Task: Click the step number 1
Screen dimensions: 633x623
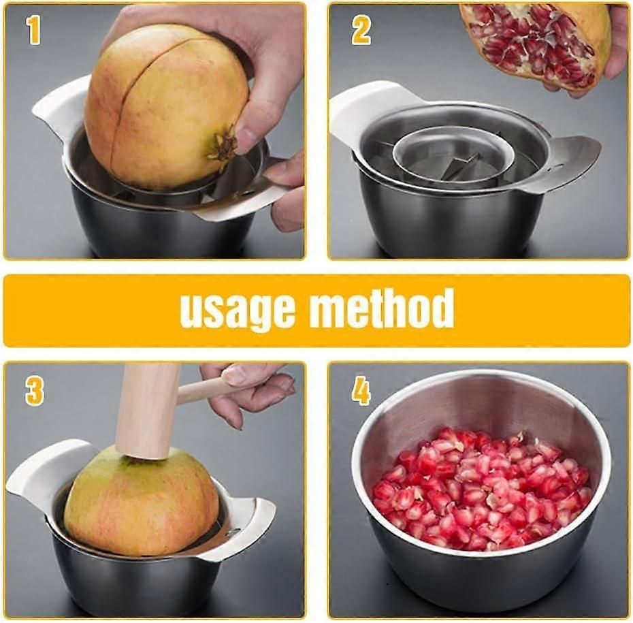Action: pyautogui.click(x=35, y=31)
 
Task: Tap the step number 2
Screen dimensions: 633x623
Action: pyautogui.click(x=361, y=31)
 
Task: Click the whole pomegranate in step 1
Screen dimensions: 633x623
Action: pyautogui.click(x=166, y=106)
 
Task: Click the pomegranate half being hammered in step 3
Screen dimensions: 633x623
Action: pyautogui.click(x=142, y=502)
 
